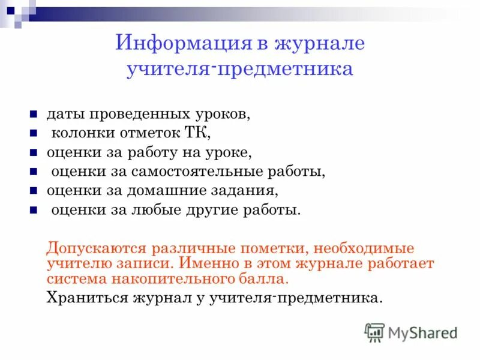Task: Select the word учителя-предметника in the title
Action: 239,70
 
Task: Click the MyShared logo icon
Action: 374,332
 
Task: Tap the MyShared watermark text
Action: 423,332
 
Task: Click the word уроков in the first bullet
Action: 219,114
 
